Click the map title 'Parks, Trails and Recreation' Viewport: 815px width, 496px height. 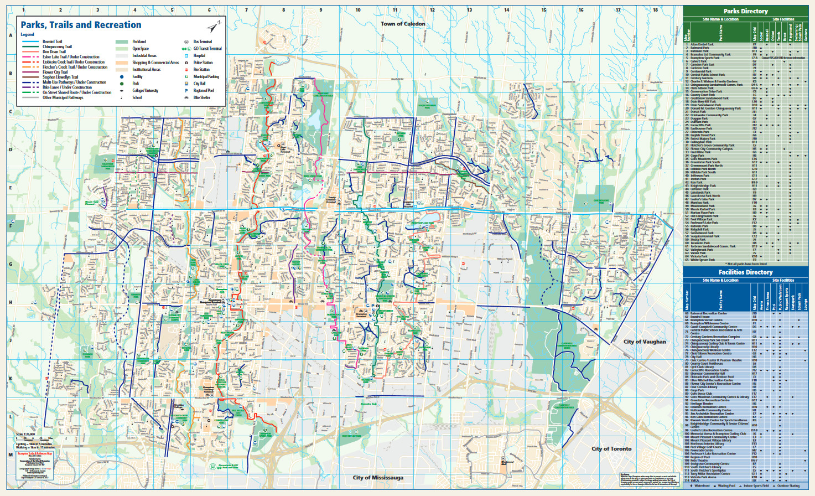(81, 25)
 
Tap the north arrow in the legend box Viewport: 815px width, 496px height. (214, 27)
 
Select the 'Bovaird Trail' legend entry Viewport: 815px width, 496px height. (53, 42)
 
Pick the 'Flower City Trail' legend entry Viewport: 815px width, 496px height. (55, 72)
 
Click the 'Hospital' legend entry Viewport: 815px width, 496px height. (199, 55)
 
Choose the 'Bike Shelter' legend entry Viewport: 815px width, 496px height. (201, 97)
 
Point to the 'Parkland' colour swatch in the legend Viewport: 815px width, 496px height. (122, 42)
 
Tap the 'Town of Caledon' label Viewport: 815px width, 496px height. (403, 24)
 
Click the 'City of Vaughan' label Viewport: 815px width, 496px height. (645, 342)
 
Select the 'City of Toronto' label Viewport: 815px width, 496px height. (611, 448)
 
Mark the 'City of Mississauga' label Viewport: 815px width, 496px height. (378, 477)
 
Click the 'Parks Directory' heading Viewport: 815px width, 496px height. (745, 11)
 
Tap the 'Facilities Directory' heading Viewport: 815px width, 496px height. (745, 272)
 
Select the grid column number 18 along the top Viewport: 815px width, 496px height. (655, 10)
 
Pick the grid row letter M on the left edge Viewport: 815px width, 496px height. (11, 454)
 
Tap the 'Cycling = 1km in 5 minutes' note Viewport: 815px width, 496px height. (34, 444)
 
